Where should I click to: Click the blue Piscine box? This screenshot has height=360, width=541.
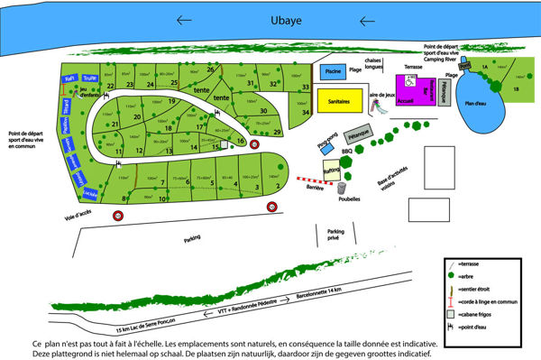click(333, 71)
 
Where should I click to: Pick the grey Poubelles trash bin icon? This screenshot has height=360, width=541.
click(342, 189)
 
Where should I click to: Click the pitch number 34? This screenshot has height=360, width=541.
click(307, 112)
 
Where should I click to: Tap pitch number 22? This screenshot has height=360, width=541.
click(110, 87)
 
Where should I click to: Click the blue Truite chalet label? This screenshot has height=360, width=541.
click(88, 78)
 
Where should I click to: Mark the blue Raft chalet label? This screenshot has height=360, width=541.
click(69, 79)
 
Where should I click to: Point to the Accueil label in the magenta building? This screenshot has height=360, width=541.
click(405, 101)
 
